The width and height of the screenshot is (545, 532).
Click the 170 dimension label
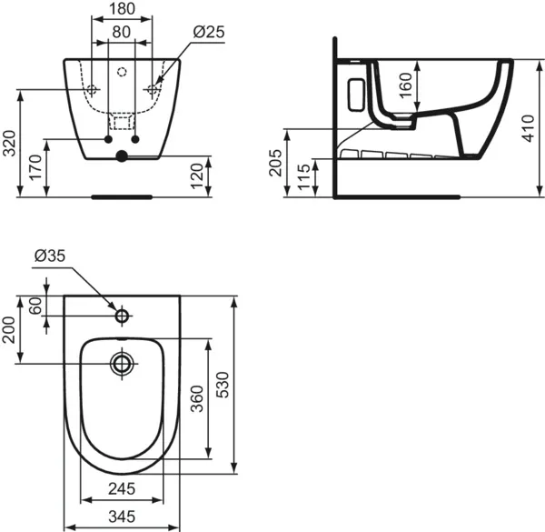pos(34,168)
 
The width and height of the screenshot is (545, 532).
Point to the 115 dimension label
pos(302,176)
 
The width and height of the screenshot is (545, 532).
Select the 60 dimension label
pos(35,306)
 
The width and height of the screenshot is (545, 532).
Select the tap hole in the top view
pos(122,316)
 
